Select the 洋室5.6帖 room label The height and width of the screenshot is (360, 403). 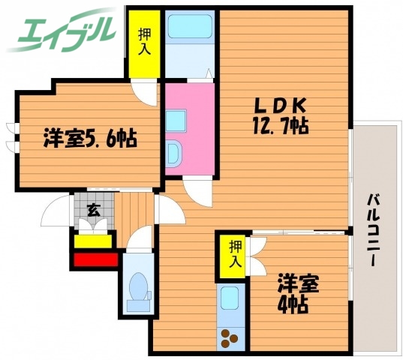click(x=89, y=139)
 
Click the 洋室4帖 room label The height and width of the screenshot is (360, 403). click(x=298, y=293)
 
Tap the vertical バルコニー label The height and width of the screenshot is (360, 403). click(x=373, y=231)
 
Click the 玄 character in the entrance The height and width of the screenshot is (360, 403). click(x=93, y=210)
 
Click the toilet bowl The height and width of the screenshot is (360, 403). click(x=137, y=288)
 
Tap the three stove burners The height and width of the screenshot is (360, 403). click(x=229, y=338)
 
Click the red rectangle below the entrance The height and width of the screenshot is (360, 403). click(x=95, y=260)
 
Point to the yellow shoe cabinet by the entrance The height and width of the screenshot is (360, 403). click(x=94, y=241)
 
